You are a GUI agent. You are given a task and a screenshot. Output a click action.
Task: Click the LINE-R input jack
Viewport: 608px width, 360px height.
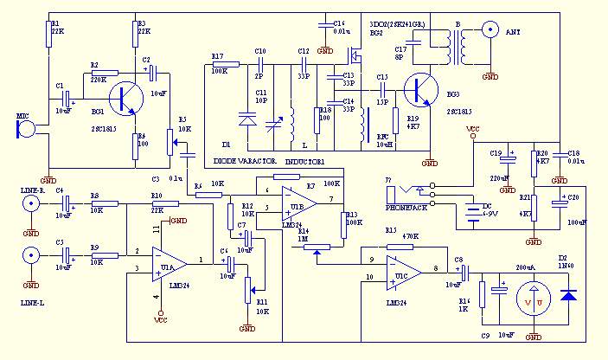tap(31, 204)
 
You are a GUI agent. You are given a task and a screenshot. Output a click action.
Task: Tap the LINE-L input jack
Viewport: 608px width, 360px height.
tap(31, 255)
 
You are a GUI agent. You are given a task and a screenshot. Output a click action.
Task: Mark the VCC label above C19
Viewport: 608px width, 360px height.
tap(472, 130)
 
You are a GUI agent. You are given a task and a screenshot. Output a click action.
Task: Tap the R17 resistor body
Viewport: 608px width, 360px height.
tap(225, 64)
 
